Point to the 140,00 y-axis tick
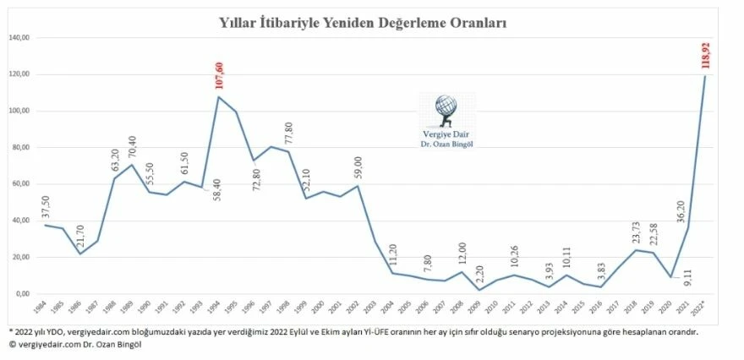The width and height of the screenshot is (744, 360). (19, 38)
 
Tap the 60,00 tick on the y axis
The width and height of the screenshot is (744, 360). (19, 184)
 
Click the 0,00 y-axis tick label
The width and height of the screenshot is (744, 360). (22, 293)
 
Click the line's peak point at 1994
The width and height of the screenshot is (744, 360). (219, 96)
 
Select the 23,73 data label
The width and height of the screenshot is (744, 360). (636, 231)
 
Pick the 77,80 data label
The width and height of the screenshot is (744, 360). (288, 136)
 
